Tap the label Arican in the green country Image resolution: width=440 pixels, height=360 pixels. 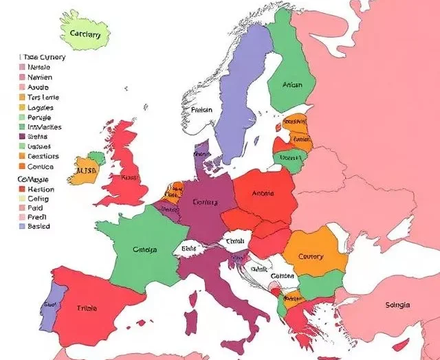click(x=293, y=85)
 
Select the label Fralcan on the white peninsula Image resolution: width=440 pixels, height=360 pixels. click(x=201, y=109)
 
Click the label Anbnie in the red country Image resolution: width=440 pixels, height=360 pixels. click(x=263, y=193)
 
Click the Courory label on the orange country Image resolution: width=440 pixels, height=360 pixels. click(x=311, y=256)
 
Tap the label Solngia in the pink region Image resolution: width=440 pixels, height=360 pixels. click(x=399, y=304)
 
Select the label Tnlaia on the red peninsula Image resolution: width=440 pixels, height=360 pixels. click(x=87, y=308)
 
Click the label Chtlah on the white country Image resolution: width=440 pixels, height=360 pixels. click(x=235, y=241)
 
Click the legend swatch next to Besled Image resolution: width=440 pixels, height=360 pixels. click(x=22, y=225)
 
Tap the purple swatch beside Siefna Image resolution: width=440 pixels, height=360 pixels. click(x=22, y=137)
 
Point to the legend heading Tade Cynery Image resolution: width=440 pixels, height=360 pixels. click(x=43, y=57)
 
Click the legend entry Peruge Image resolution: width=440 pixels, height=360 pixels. click(x=40, y=117)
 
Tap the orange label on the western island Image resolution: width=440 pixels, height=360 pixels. click(x=85, y=170)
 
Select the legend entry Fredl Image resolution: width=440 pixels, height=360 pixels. click(x=38, y=216)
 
